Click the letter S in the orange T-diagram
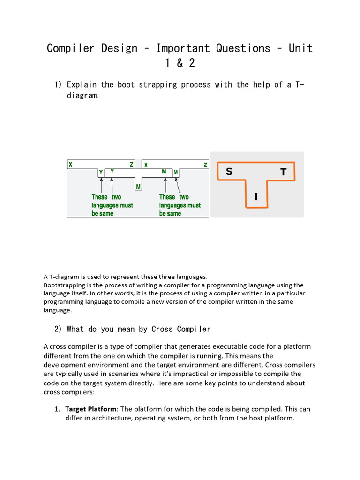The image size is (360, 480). click(x=229, y=172)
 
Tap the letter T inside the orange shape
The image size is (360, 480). click(x=283, y=172)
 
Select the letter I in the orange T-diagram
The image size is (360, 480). click(x=256, y=197)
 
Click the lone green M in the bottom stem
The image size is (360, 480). click(x=138, y=187)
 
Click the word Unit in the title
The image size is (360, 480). click(x=300, y=48)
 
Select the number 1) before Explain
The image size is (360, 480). click(x=59, y=85)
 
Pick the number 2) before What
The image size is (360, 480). click(x=59, y=329)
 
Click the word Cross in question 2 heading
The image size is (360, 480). click(x=162, y=329)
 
